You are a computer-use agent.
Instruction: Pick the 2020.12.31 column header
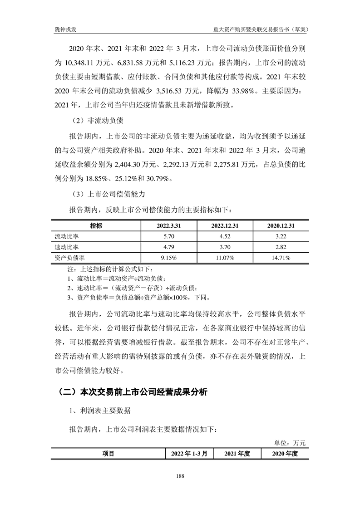point(281,226)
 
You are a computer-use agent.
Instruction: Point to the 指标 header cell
point(96,226)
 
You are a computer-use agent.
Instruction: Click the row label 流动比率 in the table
point(67,236)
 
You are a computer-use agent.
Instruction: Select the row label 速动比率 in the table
point(67,247)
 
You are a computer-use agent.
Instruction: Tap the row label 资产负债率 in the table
point(69,258)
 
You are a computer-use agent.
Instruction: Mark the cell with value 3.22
point(281,236)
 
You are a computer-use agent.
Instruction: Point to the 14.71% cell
point(281,258)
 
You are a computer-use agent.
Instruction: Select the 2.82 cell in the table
point(281,247)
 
